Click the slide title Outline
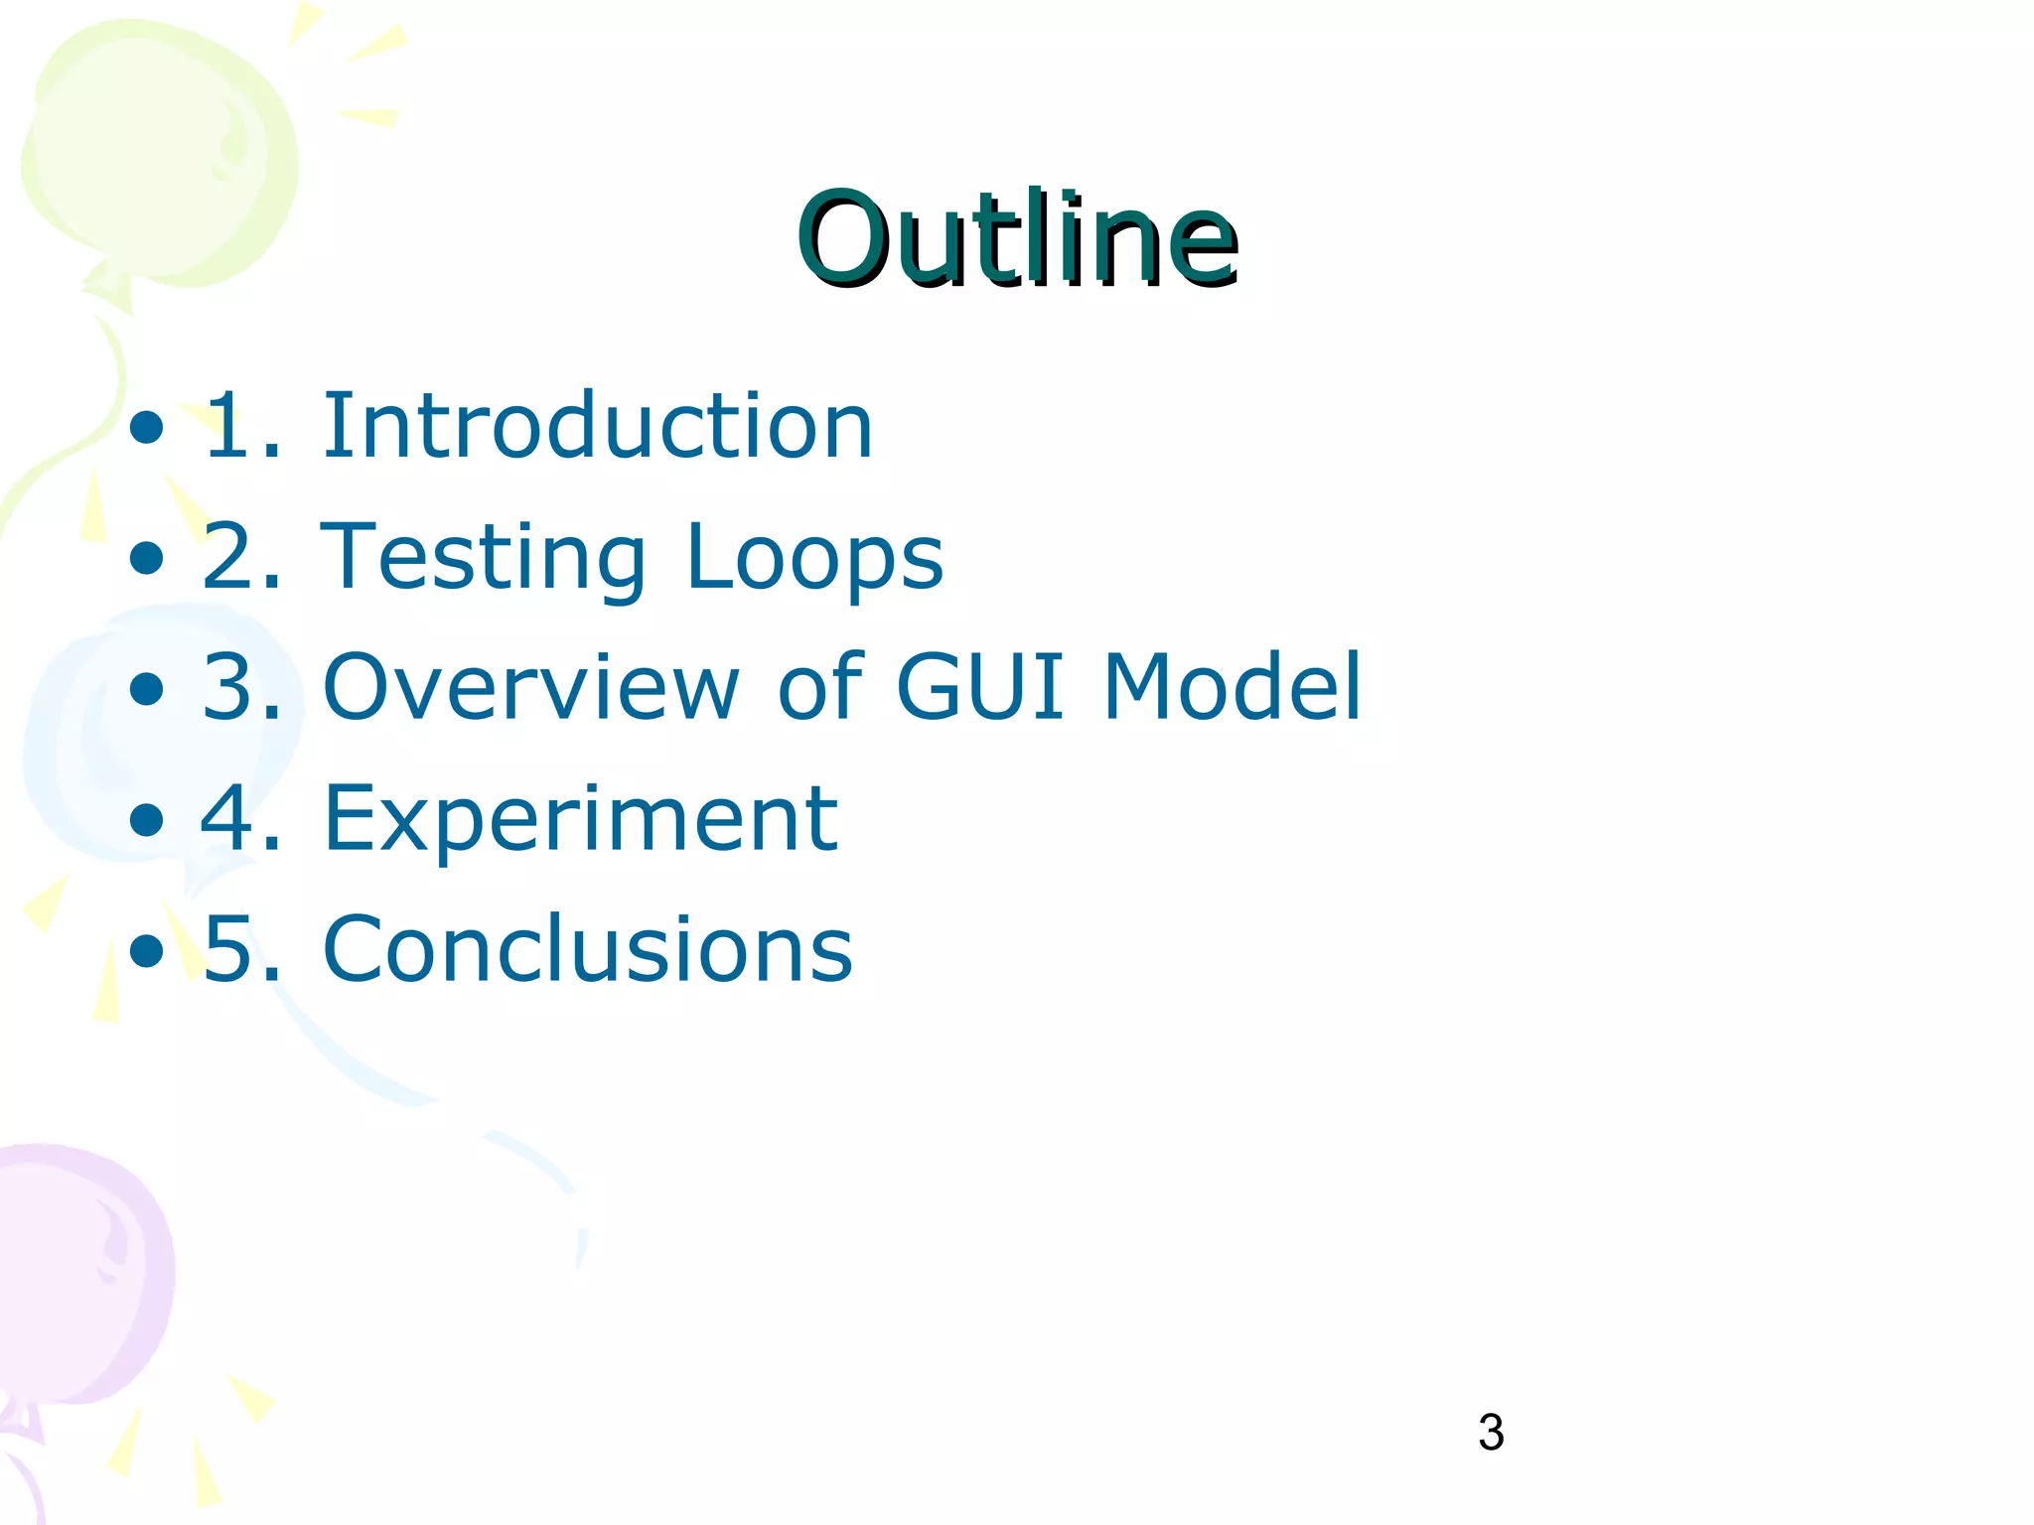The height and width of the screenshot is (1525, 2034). [1017, 240]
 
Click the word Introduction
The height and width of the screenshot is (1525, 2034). [597, 426]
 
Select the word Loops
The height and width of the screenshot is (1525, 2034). [814, 557]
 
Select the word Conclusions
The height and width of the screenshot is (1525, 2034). [587, 949]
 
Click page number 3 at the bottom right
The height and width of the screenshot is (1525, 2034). [1491, 1433]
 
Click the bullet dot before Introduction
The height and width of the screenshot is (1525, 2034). [146, 428]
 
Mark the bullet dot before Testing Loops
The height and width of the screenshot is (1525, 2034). [146, 558]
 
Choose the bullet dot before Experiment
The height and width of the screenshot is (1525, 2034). [146, 820]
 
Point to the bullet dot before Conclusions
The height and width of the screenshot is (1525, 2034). [146, 950]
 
